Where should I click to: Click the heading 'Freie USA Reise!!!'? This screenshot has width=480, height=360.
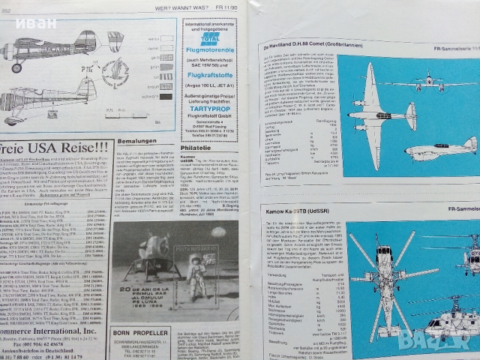(x=56, y=146)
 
